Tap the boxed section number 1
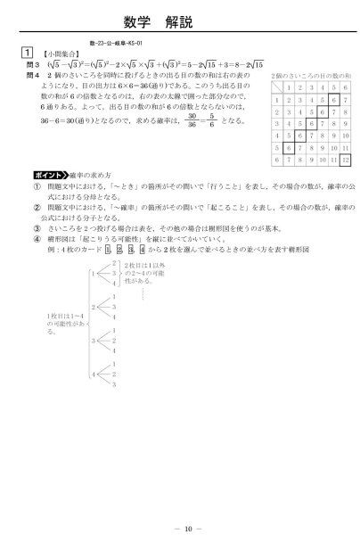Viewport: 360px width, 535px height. tap(28, 53)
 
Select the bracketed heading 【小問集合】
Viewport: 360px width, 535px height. tap(57, 53)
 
